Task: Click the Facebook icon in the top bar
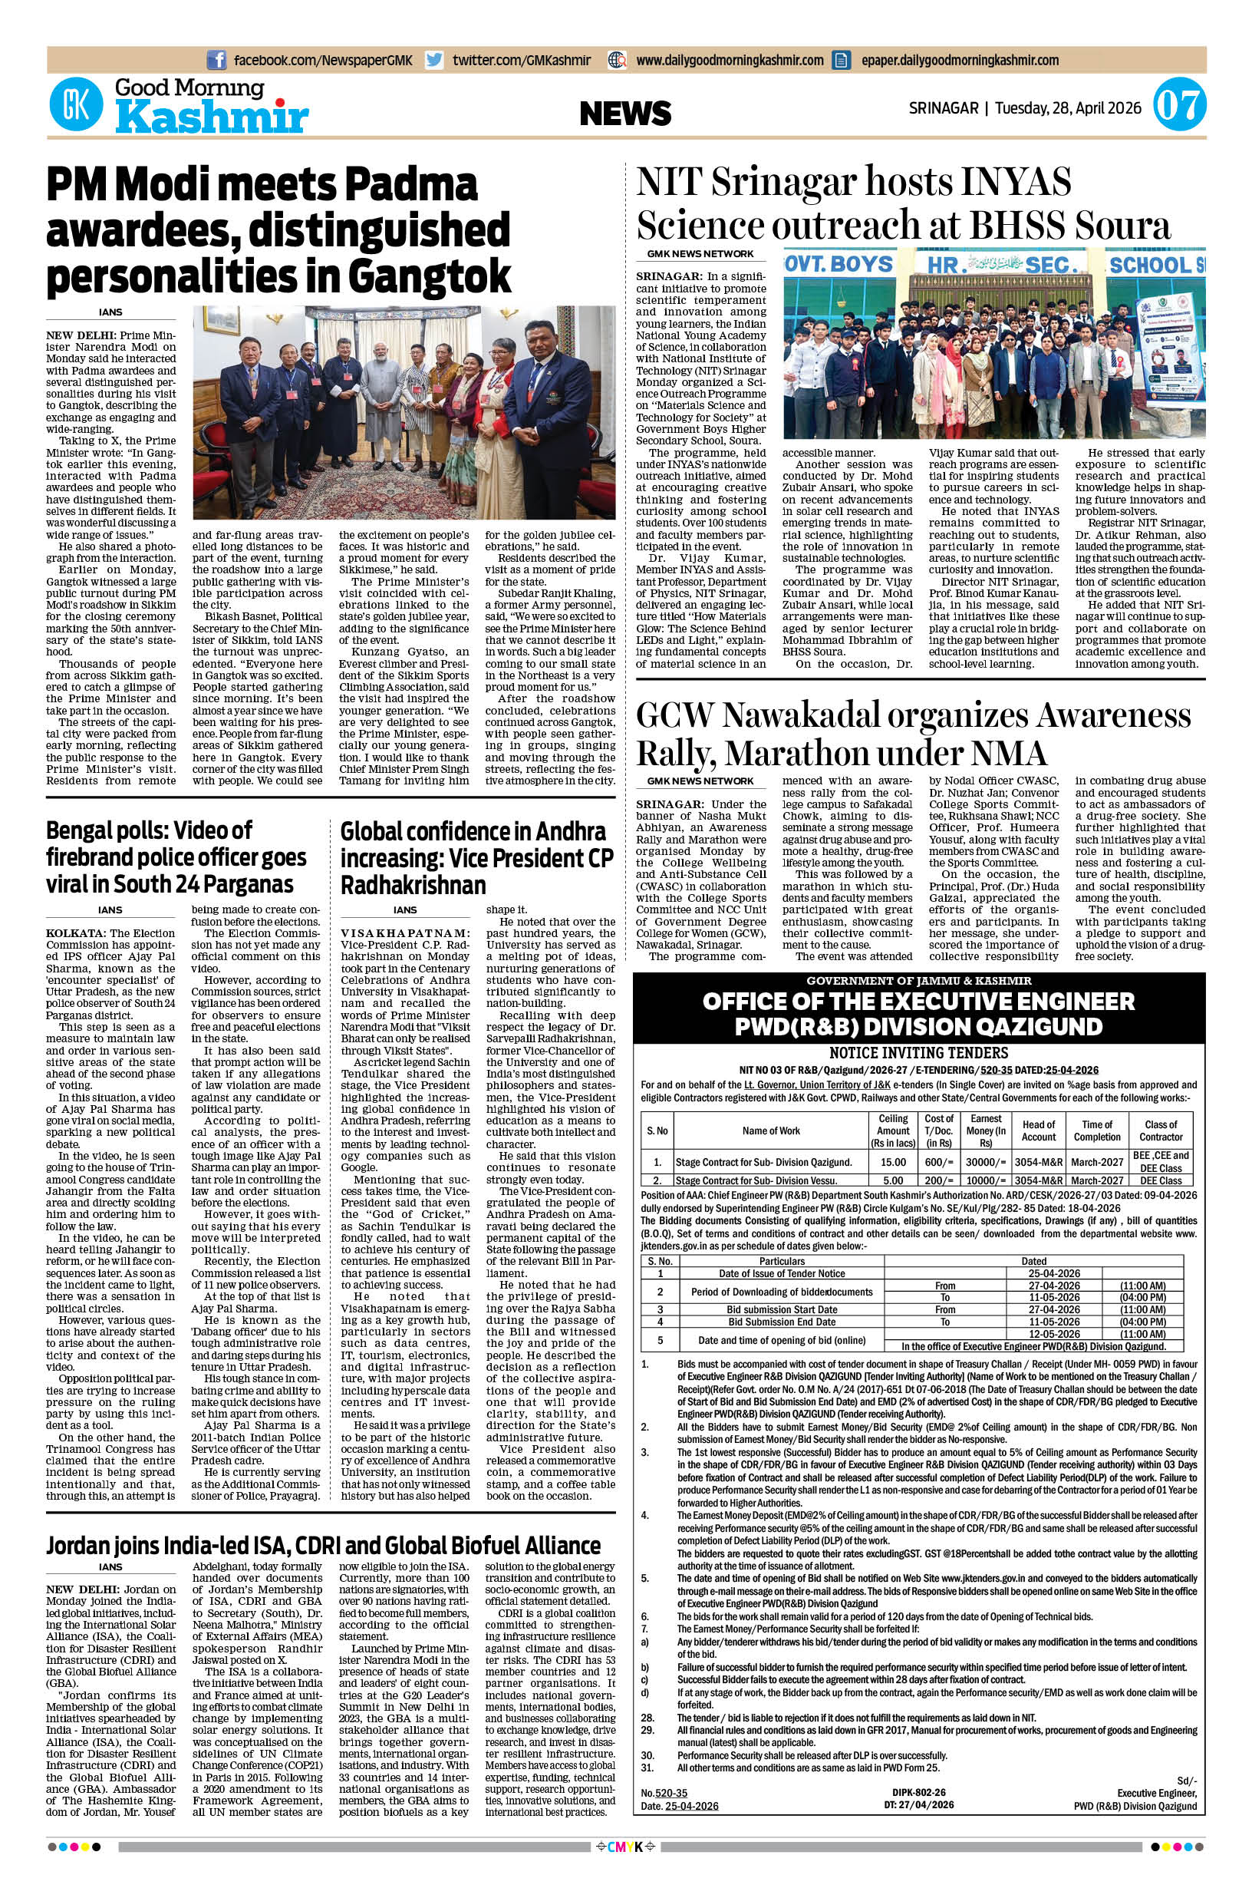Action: (216, 60)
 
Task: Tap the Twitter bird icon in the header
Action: (434, 60)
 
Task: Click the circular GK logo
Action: (77, 104)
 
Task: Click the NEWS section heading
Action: (625, 114)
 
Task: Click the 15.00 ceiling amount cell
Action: (893, 1161)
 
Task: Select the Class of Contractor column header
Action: (1161, 1131)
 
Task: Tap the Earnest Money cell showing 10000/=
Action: (986, 1180)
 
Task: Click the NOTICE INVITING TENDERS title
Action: (918, 1053)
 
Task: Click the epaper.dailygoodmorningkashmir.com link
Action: (960, 60)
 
